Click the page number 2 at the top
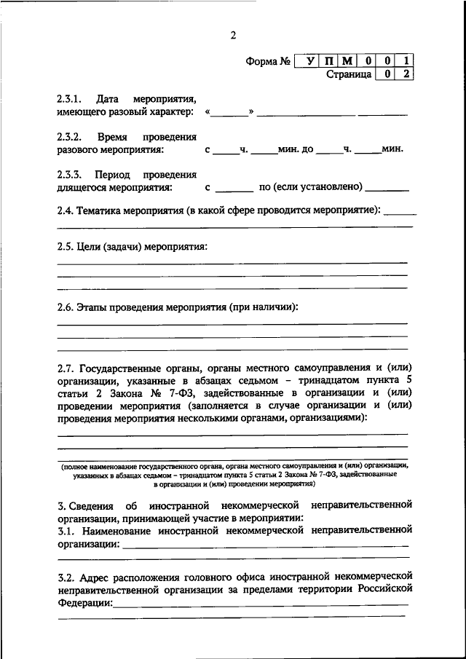pos(233,35)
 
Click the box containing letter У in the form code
pos(311,61)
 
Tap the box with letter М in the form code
pos(348,61)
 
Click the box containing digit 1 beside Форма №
pos(407,61)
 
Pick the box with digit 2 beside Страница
pos(407,74)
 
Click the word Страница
pos(349,74)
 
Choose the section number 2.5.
pos(66,246)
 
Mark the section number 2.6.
pos(66,307)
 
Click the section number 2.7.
pos(66,366)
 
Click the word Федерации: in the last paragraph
pos(84,603)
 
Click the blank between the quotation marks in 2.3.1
pos(230,111)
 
